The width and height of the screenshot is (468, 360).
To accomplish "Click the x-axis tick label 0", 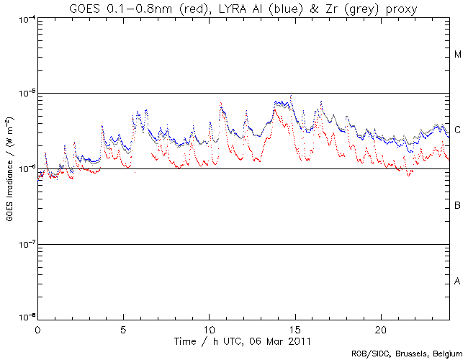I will pyautogui.click(x=37, y=329).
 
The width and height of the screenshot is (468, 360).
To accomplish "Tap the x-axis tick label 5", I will pyautogui.click(x=123, y=329).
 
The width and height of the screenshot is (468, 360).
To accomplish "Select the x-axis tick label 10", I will pyautogui.click(x=209, y=329).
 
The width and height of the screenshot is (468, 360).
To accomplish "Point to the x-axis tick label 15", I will pyautogui.click(x=294, y=329).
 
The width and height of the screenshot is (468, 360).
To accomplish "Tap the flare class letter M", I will pyautogui.click(x=458, y=55).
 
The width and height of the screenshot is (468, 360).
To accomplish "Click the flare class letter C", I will pyautogui.click(x=458, y=130).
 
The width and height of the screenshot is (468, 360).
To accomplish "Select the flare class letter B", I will pyautogui.click(x=458, y=206).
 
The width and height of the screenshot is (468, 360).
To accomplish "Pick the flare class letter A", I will pyautogui.click(x=458, y=281).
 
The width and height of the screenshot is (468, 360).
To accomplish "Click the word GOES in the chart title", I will pyautogui.click(x=85, y=9).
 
